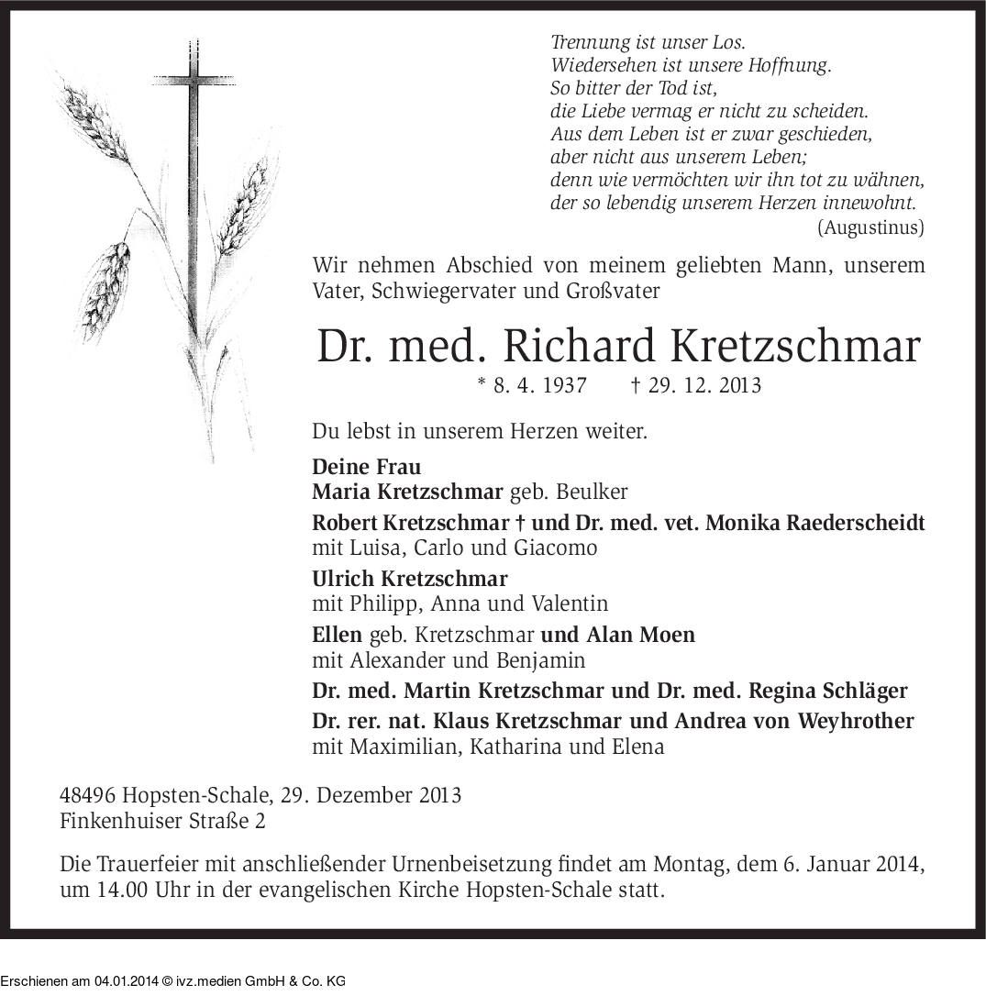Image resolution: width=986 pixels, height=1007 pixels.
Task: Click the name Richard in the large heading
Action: [x=580, y=347]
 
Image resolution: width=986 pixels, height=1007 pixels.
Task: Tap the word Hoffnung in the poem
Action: [x=791, y=65]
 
